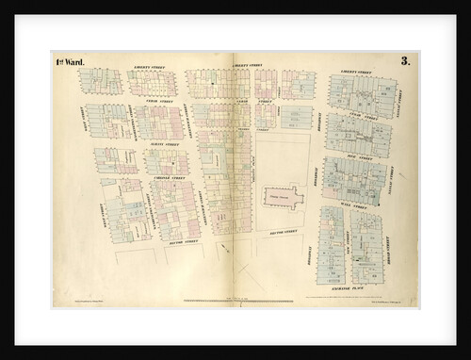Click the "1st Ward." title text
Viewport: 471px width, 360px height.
[x=69, y=62]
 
